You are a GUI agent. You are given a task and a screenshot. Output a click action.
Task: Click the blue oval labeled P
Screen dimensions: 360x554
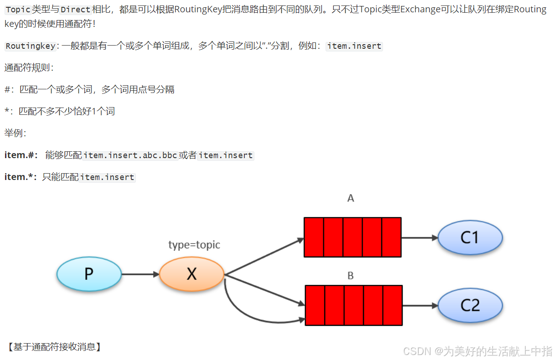tap(89, 274)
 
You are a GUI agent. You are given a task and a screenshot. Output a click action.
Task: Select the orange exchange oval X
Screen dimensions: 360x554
tap(192, 274)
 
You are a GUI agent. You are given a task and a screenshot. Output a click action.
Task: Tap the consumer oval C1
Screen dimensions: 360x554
tap(470, 237)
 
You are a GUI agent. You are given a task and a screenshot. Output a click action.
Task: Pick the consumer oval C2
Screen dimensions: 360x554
tap(470, 305)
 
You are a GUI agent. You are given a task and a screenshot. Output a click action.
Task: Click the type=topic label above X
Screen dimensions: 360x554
tap(194, 245)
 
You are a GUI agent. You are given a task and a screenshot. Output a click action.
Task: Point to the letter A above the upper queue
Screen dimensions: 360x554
tap(351, 198)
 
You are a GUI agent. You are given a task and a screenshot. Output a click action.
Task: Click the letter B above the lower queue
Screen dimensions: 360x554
tap(351, 276)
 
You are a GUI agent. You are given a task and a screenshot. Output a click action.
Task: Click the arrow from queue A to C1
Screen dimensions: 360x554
tap(419, 237)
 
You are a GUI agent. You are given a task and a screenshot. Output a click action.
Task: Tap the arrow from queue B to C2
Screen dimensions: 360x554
tap(419, 305)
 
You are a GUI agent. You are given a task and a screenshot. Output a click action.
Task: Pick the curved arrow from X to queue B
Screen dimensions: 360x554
tap(246, 314)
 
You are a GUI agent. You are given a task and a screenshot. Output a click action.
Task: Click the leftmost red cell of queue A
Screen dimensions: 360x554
tap(314, 237)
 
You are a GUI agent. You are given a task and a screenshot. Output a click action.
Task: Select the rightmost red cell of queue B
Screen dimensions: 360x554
tap(393, 305)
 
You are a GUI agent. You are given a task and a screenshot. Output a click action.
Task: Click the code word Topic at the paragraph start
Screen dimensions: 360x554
tap(18, 10)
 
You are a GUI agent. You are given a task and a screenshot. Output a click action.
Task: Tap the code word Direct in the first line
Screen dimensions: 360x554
tap(75, 10)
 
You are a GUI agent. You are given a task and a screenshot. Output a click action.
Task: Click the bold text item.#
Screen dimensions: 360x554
tap(21, 155)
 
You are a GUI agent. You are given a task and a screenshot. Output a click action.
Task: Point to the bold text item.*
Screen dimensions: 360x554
tap(21, 177)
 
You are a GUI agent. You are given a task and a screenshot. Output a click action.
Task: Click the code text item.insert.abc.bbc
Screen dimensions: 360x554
tap(130, 155)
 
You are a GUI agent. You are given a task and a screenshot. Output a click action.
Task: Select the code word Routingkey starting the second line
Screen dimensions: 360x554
tap(31, 46)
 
